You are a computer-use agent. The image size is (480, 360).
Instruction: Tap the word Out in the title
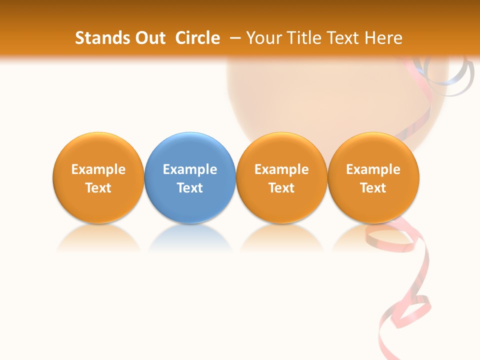148,38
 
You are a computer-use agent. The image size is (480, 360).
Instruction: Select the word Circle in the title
197,38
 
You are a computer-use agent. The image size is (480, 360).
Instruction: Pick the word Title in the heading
305,38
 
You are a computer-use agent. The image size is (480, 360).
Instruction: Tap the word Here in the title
383,38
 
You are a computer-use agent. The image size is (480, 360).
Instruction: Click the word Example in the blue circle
190,169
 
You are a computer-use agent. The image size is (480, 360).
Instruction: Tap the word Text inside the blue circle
190,188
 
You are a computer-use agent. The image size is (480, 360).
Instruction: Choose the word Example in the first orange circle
98,169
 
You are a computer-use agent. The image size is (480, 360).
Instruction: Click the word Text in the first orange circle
98,188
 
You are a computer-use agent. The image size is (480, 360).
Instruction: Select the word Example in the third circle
281,169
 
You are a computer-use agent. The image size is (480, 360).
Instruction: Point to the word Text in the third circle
281,188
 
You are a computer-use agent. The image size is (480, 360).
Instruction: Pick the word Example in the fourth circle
373,169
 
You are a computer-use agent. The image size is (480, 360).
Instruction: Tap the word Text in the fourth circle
373,188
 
